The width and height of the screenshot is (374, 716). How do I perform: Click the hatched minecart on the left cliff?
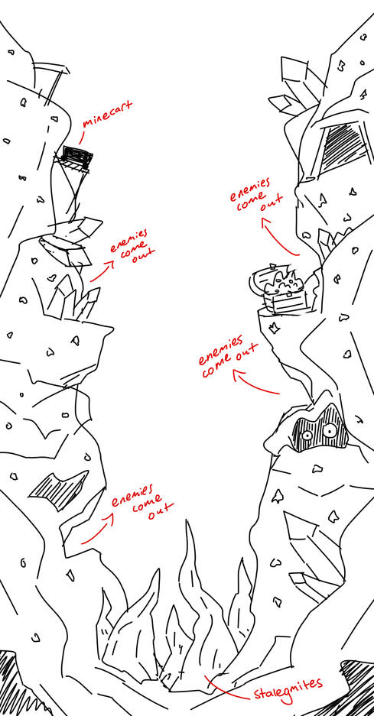[x=76, y=157]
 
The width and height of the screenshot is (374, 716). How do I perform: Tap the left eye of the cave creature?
[x=306, y=435]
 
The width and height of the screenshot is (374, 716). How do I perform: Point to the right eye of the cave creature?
[x=330, y=432]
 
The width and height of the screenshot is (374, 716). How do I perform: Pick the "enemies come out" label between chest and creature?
[x=227, y=355]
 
